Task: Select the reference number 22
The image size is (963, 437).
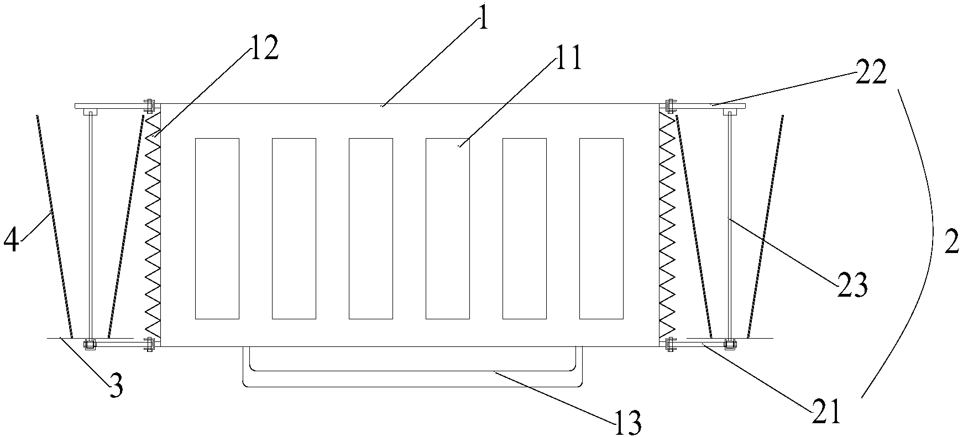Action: (x=871, y=73)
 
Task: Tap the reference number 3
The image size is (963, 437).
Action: (x=116, y=386)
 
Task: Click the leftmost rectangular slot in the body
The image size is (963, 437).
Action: (x=217, y=229)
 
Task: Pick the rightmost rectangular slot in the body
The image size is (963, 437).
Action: (x=601, y=229)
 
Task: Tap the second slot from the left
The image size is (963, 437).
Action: (x=294, y=229)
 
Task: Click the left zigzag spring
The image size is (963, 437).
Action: (x=152, y=227)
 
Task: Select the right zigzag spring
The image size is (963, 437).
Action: (x=667, y=227)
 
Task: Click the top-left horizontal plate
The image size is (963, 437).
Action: (x=111, y=106)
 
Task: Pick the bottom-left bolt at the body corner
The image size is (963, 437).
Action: (x=149, y=344)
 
